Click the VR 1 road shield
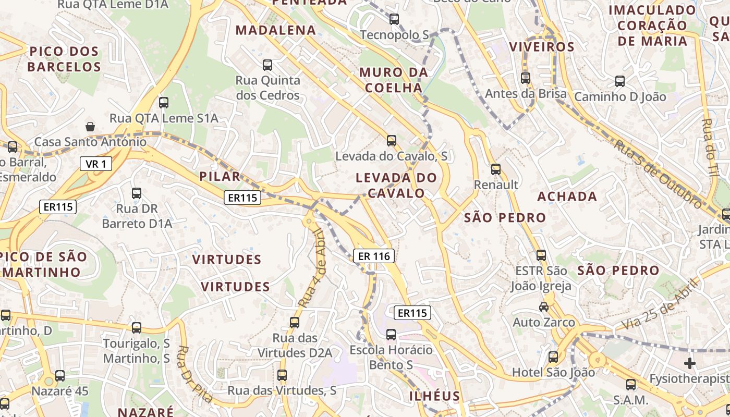click(x=96, y=164)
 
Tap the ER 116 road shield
click(x=374, y=256)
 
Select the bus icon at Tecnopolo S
click(x=394, y=19)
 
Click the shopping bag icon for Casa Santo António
click(x=90, y=127)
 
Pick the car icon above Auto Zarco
click(x=544, y=306)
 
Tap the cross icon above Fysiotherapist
click(x=690, y=363)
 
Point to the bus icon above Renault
click(x=495, y=169)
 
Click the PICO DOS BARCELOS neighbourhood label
click(x=64, y=59)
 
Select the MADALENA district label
click(x=276, y=30)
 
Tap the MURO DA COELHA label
click(x=394, y=80)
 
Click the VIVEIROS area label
click(x=542, y=46)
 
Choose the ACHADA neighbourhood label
click(x=567, y=197)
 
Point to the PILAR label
click(x=220, y=177)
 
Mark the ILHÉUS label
click(x=434, y=396)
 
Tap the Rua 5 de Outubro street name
click(x=658, y=173)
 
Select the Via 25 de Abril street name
click(x=659, y=304)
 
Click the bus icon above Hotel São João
click(x=553, y=357)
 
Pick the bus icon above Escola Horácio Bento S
click(x=391, y=334)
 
